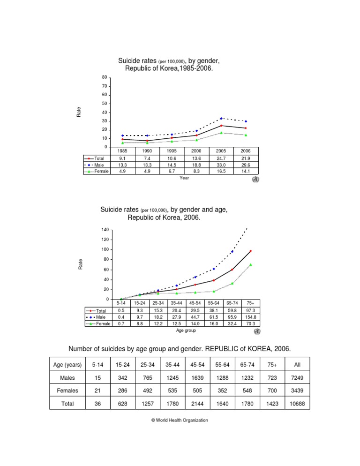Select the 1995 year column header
click(x=172, y=151)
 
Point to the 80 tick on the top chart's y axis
click(x=105, y=77)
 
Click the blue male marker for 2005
click(x=221, y=119)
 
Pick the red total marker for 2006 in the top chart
click(x=246, y=128)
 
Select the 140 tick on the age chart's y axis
click(x=104, y=230)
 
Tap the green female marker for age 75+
click(x=250, y=264)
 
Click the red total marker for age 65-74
click(x=232, y=270)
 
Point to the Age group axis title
click(x=186, y=331)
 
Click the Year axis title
click(x=184, y=178)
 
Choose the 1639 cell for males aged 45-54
click(x=207, y=377)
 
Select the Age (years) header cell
click(x=67, y=364)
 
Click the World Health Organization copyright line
click(x=180, y=421)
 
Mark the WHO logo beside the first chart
click(x=255, y=179)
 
